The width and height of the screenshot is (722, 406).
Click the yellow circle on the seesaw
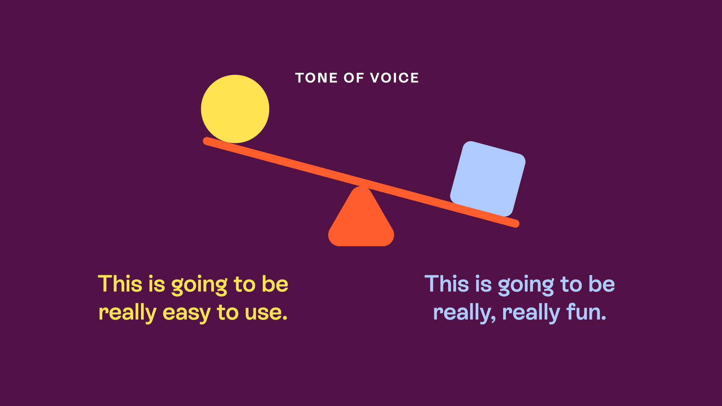pos(235,109)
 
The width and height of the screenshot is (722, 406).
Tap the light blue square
pos(488,179)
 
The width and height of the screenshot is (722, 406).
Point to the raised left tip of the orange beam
pos(206,141)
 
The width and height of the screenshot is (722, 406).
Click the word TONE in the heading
pos(316,78)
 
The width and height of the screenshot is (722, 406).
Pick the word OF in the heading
pos(354,78)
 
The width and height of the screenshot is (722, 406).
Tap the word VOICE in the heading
pos(394,78)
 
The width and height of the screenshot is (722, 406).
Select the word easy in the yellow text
pos(187,314)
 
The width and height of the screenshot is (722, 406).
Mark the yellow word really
pos(127,313)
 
